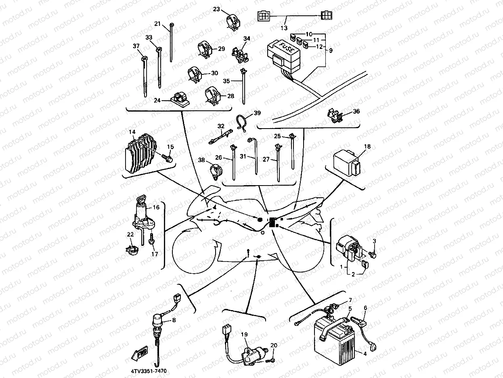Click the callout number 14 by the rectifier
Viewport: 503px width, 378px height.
pos(132,132)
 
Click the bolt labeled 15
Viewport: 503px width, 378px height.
pos(168,158)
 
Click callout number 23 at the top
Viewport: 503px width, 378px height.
pos(216,9)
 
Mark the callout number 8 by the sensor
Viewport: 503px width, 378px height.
pos(174,320)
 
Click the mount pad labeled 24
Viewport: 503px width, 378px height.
pos(178,99)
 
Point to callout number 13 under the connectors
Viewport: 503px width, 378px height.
pos(284,28)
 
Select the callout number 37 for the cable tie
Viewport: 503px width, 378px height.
pos(136,46)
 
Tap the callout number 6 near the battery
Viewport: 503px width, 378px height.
pos(366,308)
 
